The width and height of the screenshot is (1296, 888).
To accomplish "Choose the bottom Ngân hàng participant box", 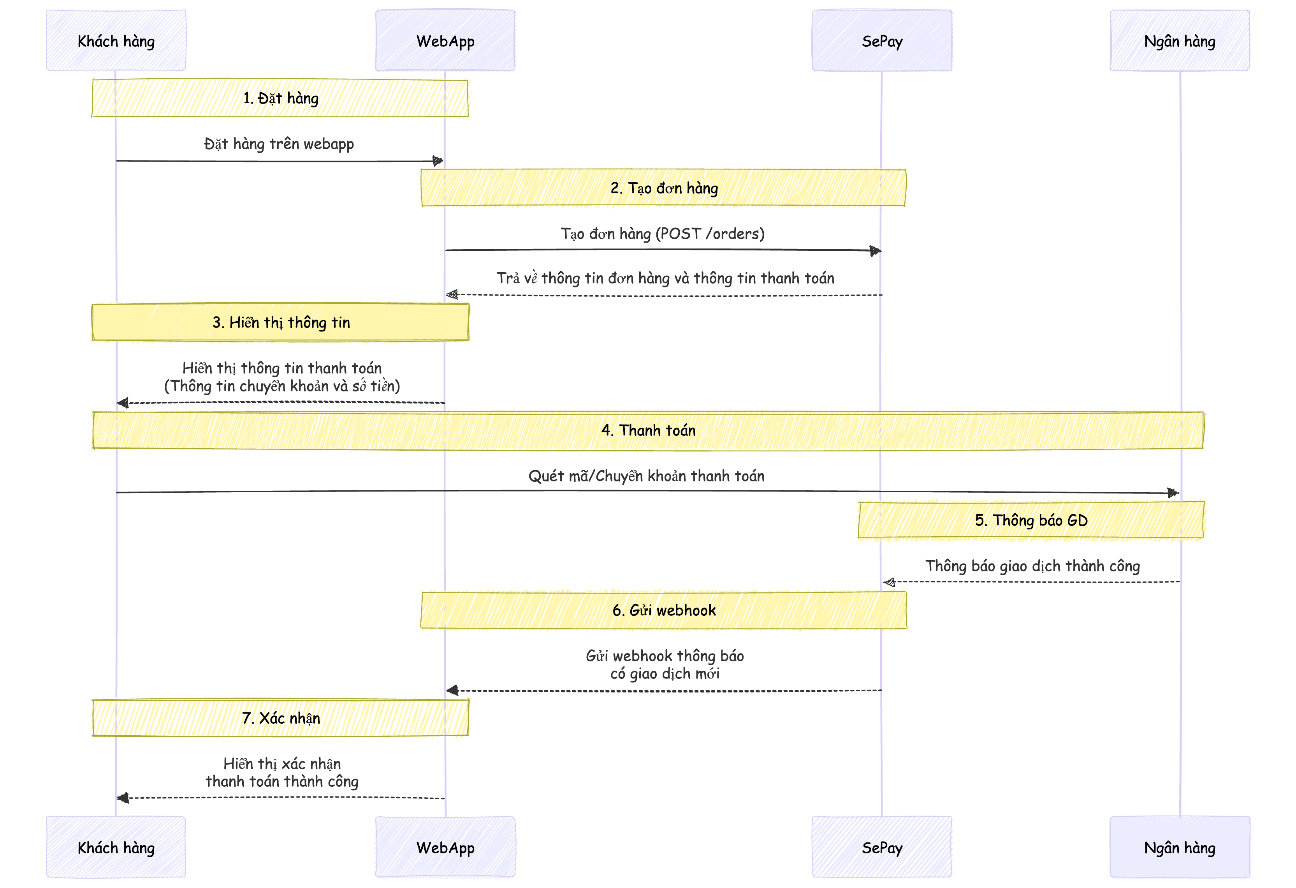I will (1180, 847).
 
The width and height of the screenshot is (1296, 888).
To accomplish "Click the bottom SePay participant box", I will (882, 847).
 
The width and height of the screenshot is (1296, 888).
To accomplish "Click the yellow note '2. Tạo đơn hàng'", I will (664, 188).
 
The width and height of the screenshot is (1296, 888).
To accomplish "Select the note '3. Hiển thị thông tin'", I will (281, 322).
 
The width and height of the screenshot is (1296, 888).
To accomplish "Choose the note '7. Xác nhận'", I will (281, 718).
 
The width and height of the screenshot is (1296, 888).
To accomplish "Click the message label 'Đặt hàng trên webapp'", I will (279, 144).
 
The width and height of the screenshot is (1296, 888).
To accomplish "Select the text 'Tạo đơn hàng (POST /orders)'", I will (663, 233).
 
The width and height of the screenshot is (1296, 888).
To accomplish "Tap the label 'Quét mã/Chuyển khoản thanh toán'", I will (646, 476).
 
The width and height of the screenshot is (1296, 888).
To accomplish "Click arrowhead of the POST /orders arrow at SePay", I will (876, 251).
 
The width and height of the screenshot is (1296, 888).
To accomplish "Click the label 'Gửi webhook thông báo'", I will (665, 655).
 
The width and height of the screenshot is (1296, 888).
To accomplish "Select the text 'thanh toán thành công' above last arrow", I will (281, 781).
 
